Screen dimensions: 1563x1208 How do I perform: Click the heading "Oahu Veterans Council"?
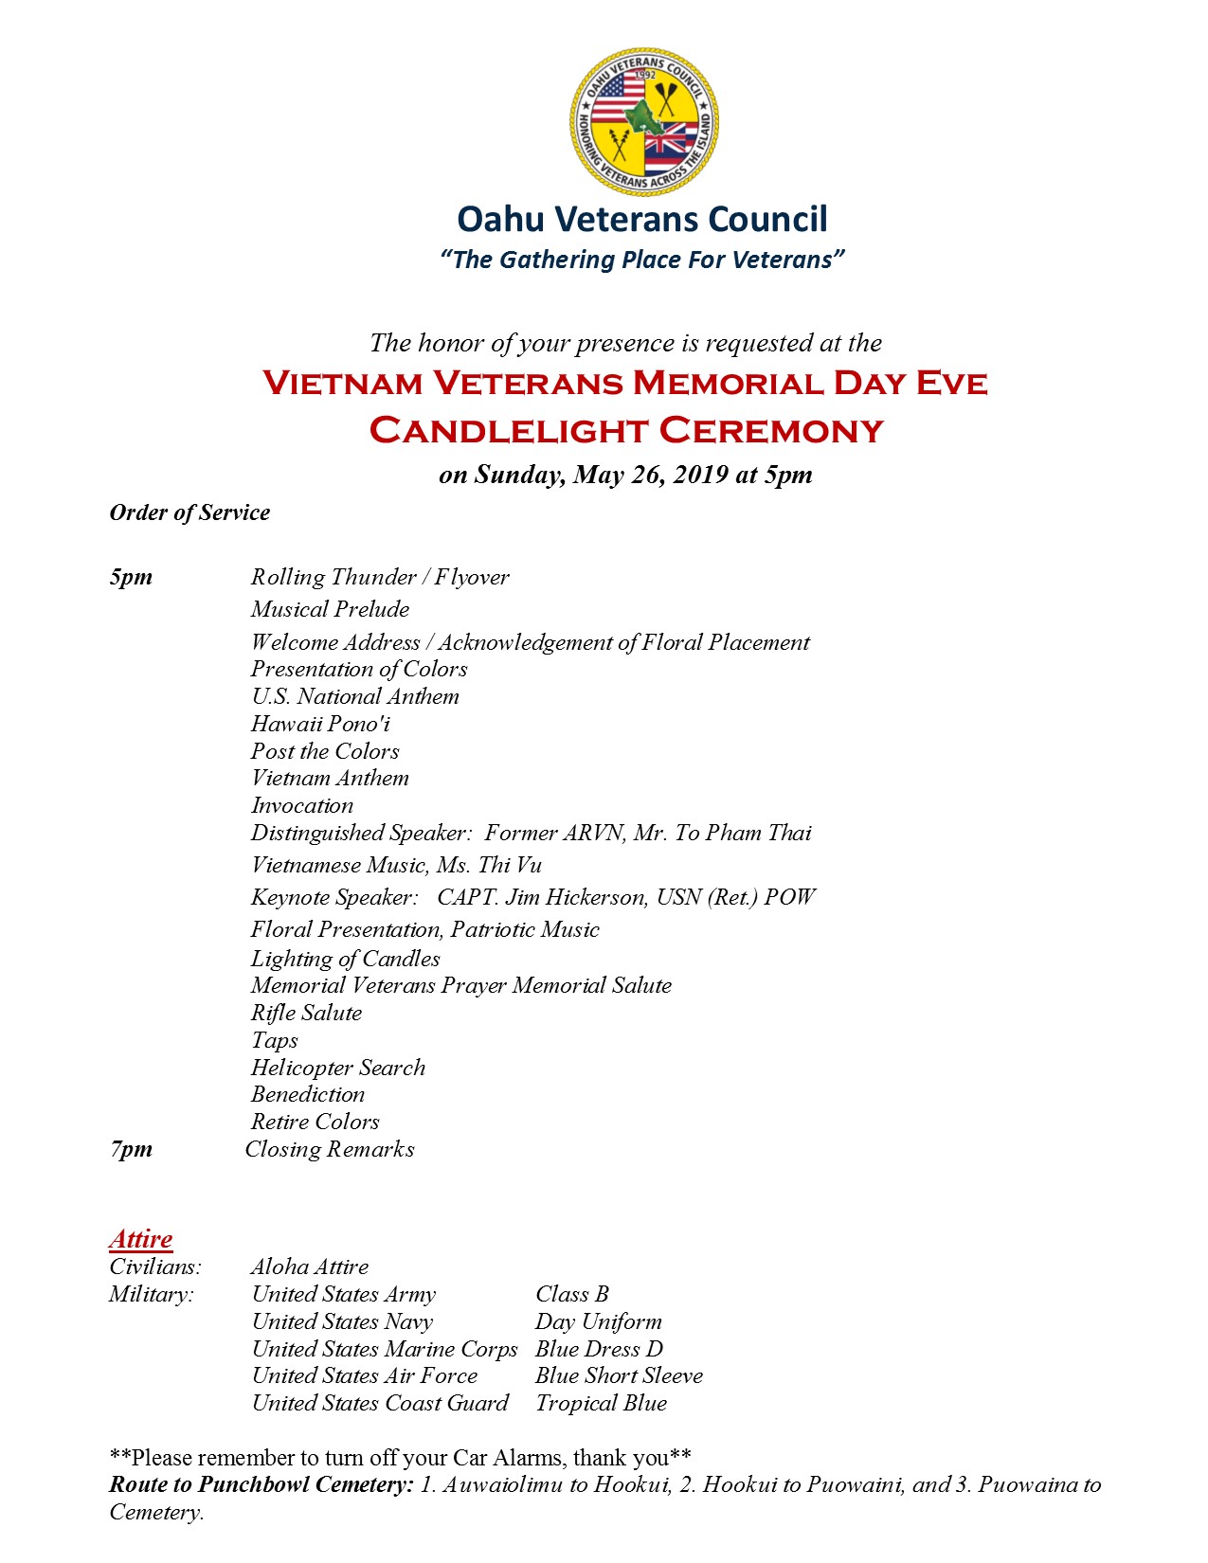pos(642,219)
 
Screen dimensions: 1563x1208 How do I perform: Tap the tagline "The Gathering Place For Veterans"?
pos(642,260)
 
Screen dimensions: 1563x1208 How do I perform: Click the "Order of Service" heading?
pos(189,512)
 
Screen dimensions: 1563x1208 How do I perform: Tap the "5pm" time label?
pos(131,577)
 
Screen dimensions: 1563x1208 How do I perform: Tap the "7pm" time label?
pos(131,1149)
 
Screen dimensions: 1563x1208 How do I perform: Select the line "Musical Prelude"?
pos(330,609)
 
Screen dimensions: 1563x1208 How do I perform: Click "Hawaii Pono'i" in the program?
pos(320,724)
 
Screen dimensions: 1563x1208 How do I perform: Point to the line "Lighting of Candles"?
pos(345,959)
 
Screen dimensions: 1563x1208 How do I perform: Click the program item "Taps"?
pos(275,1040)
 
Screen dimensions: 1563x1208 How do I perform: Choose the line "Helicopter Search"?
pos(337,1068)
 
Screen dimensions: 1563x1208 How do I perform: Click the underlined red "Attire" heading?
pos(140,1239)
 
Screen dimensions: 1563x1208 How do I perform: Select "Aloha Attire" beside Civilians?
pos(310,1267)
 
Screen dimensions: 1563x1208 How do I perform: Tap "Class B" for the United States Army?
pos(572,1294)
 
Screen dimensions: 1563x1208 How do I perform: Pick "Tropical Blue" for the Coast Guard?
pos(601,1403)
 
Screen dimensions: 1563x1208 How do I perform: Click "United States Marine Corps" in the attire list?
pos(385,1349)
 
